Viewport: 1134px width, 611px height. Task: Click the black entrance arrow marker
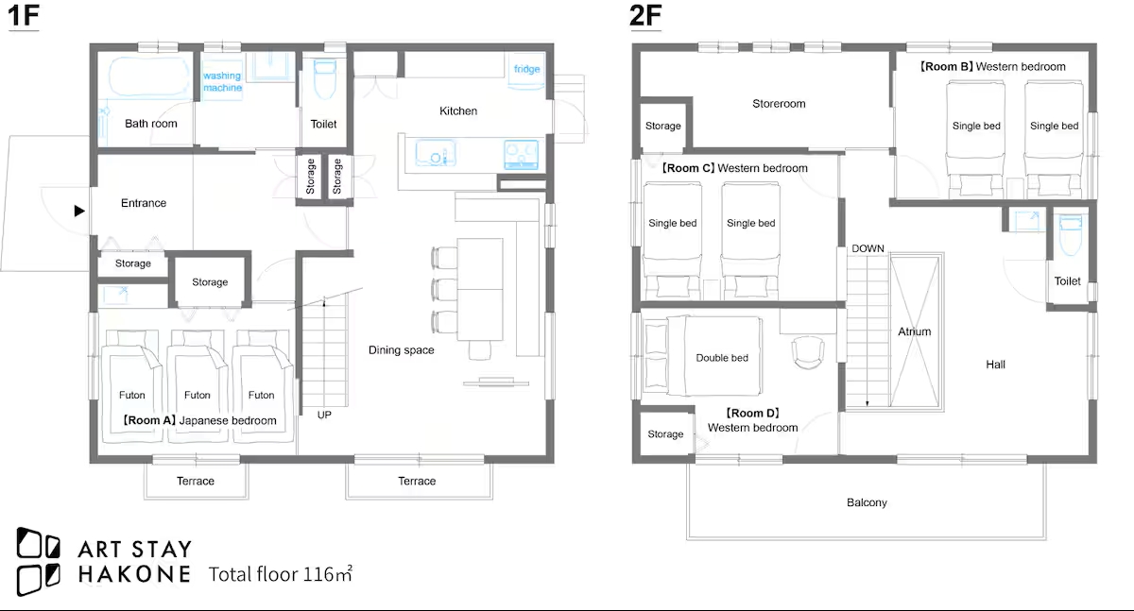tap(79, 211)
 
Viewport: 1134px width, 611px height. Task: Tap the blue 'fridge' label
tap(526, 69)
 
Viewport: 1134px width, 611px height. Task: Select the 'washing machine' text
tap(222, 81)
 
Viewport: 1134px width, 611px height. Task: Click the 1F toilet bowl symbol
tap(324, 79)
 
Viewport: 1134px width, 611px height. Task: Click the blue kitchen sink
tap(436, 153)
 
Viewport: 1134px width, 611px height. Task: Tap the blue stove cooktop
tap(521, 155)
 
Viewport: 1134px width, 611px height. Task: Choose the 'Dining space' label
tap(401, 350)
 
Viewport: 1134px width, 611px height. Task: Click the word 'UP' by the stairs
tap(324, 415)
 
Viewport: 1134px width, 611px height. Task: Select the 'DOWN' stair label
tap(868, 249)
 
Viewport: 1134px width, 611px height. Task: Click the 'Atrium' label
tap(915, 331)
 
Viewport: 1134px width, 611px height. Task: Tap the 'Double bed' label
tap(722, 358)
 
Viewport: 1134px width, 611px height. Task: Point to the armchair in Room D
tap(807, 352)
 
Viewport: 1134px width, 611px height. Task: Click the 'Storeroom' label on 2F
tap(779, 104)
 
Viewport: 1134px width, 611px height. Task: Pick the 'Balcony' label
tap(867, 502)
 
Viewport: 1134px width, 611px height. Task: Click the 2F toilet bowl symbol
tap(1070, 235)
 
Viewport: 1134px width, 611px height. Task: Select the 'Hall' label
tap(995, 365)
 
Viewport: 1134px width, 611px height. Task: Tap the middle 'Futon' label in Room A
tap(197, 395)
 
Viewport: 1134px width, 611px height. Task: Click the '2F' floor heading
tap(645, 16)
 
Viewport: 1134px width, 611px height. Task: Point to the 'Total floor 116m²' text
tap(280, 574)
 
